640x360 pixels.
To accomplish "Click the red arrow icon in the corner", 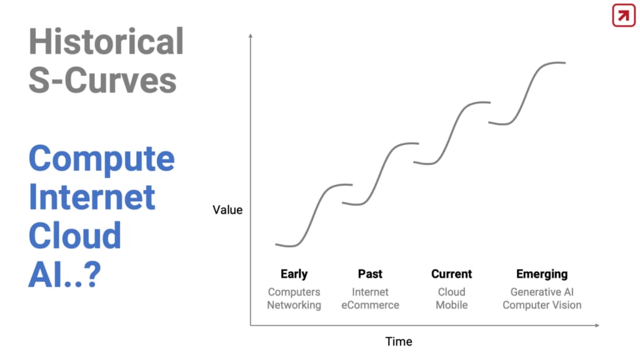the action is coord(624,16).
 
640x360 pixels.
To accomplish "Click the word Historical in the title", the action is coord(106,42).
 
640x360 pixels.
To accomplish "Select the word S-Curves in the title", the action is coord(102,80).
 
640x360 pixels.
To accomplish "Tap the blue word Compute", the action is coord(102,159).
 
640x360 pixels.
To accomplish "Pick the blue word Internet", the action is coord(92,197).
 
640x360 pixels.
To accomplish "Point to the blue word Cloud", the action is coord(75,236).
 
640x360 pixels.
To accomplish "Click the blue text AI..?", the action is coord(64,274).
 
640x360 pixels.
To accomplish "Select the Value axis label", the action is coord(227,210).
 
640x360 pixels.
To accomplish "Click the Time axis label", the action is coord(399,342).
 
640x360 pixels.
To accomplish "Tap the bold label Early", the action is coord(294,274).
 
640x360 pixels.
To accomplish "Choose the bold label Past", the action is coord(370,274).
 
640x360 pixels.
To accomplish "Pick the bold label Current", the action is coord(451,274).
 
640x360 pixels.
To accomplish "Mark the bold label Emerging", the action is coord(542,274).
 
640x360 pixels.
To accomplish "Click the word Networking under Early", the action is coord(294,305).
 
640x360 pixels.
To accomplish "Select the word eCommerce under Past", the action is coord(370,305).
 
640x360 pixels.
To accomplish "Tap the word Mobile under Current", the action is coord(451,305).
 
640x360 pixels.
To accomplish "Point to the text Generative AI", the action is coord(542,292).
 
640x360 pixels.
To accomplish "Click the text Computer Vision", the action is coord(542,305).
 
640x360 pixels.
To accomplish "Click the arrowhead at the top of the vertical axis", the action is coord(251,36).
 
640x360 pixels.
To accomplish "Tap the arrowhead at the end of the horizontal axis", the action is coord(597,325).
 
